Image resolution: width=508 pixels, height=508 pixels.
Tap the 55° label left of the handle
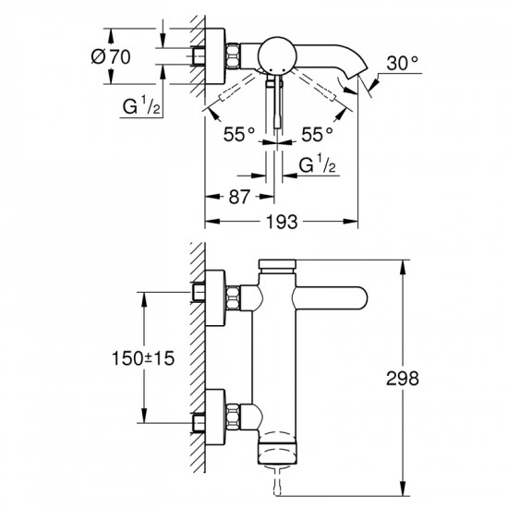(x=238, y=133)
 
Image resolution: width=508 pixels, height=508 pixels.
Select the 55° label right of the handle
(x=316, y=133)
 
